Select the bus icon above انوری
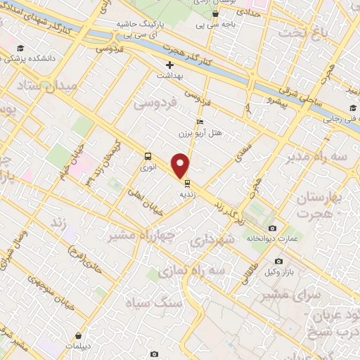coord(148,156)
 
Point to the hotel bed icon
coord(200,121)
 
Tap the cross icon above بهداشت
coord(169,65)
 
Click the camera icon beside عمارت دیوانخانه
coord(272,228)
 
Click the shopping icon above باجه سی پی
coord(215,13)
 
